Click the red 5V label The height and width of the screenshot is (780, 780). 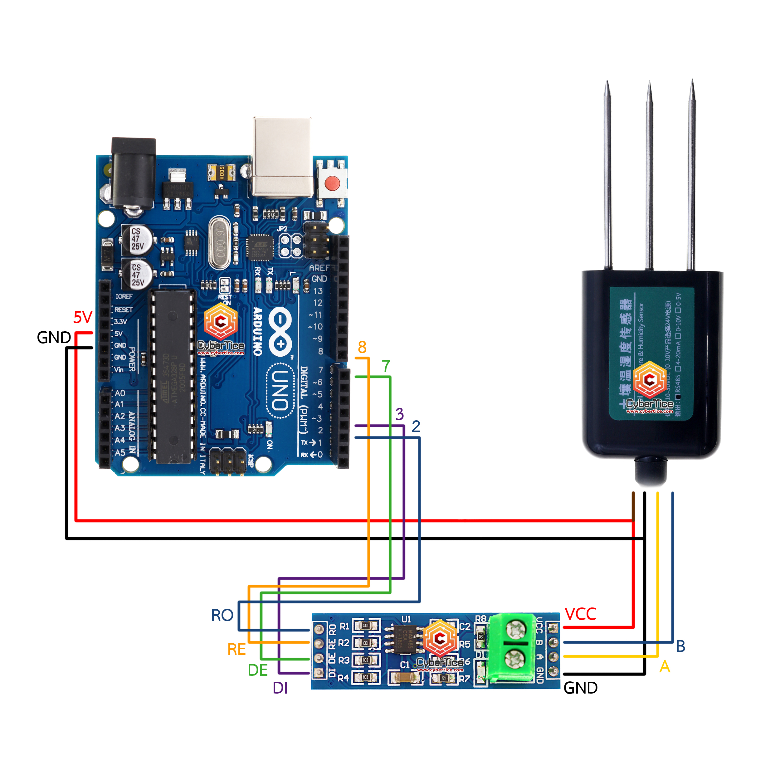point(83,317)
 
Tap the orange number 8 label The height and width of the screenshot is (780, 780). point(362,347)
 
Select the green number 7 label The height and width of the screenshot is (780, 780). point(386,366)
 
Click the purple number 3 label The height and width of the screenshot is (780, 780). point(399,414)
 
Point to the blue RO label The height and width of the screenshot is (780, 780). point(222,615)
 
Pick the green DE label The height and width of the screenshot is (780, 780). point(258,670)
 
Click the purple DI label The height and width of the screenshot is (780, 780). point(280,688)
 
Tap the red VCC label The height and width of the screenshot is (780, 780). point(580,614)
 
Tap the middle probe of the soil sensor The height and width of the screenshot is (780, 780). point(649,173)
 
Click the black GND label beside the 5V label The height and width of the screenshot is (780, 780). point(54,338)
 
